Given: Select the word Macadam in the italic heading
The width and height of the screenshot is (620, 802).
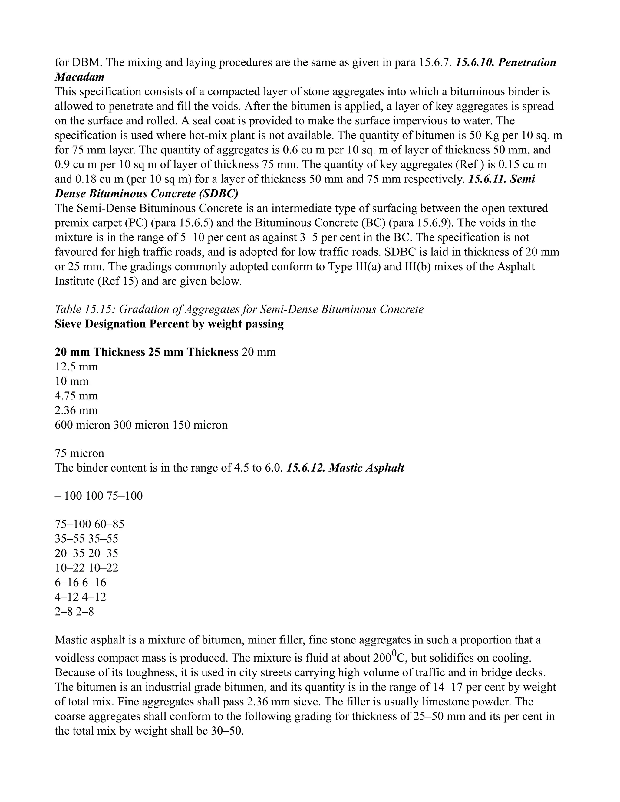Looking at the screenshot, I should pos(79,77).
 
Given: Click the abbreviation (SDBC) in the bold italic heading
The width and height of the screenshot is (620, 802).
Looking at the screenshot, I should pos(220,193).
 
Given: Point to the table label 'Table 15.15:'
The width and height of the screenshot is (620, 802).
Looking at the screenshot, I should pos(85,309).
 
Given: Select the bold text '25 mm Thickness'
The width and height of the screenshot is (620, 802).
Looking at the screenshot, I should pos(193,352).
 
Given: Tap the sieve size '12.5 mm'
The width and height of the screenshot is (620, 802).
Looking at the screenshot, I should pos(76,367).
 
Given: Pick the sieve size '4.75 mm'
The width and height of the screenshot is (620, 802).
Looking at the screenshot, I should pos(76,396).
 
